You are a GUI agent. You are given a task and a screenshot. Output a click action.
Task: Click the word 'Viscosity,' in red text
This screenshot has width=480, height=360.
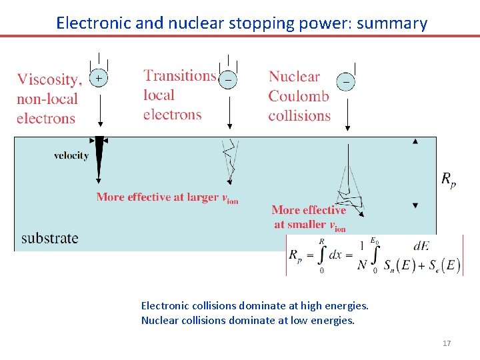[49, 80]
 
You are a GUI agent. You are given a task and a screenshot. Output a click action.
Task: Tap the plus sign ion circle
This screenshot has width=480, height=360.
[99, 79]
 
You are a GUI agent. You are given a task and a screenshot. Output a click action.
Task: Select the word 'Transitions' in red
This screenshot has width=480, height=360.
[179, 76]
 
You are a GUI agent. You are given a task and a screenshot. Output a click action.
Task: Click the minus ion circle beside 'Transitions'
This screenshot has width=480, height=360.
[229, 79]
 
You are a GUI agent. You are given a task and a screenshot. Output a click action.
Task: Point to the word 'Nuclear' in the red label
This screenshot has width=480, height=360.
[294, 77]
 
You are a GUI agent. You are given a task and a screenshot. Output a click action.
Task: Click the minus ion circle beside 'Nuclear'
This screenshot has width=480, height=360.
[347, 80]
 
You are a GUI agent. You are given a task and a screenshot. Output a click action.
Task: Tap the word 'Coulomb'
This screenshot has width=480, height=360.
[299, 96]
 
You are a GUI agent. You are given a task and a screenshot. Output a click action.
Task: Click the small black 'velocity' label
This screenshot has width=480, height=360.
[71, 156]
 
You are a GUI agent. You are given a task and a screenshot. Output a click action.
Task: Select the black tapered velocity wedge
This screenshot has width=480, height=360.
[99, 157]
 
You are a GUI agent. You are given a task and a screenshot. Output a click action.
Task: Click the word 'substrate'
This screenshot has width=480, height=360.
[49, 238]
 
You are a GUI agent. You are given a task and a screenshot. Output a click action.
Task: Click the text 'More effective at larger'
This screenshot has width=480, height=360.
[157, 197]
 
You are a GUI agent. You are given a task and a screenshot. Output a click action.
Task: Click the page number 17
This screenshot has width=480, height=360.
[447, 343]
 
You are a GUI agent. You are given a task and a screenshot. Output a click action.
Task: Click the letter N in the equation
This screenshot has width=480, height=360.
[361, 265]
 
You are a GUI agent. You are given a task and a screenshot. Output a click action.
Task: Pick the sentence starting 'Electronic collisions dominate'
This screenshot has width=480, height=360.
[254, 306]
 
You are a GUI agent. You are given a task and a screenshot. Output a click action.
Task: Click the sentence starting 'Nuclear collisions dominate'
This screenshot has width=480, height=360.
[247, 320]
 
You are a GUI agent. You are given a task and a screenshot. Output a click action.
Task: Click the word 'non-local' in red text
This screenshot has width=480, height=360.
[47, 99]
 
